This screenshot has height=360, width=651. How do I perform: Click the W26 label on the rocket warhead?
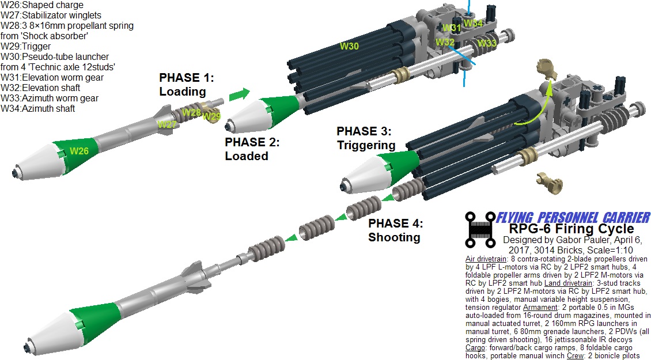point(79,151)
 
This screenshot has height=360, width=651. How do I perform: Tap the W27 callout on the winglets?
point(167,124)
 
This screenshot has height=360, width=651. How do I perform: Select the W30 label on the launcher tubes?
point(349,46)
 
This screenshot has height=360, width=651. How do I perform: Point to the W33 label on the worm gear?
point(487,43)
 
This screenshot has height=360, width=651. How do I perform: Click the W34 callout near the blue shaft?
point(473,23)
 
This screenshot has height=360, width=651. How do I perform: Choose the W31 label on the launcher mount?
point(452,28)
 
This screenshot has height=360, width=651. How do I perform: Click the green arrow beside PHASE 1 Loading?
point(240,94)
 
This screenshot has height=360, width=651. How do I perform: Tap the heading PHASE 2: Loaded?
point(252,149)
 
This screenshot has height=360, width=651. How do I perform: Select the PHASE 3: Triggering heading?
point(366,138)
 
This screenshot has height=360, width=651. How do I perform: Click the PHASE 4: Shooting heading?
point(395,230)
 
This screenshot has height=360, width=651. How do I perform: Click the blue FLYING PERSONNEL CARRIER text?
point(573,218)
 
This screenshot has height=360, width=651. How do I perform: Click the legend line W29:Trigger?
point(26,47)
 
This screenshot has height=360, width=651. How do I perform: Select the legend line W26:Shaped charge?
point(42,5)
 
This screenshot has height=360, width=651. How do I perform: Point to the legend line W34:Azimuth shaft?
point(38,109)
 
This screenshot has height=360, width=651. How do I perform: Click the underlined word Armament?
point(540,307)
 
